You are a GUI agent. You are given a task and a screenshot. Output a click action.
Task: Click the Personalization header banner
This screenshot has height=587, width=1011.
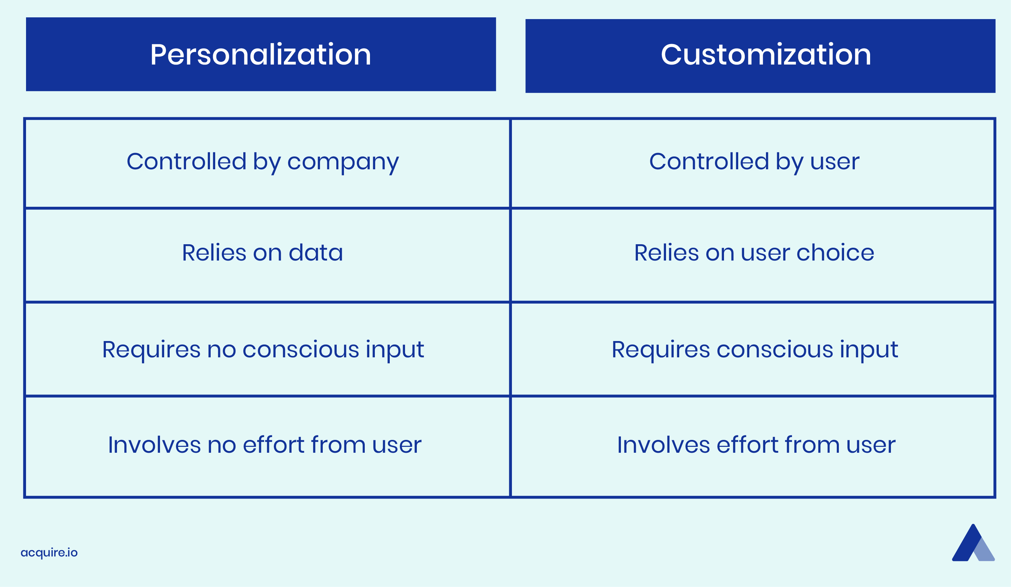[261, 54]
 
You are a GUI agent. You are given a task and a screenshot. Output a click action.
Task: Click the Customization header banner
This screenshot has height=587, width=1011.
[760, 56]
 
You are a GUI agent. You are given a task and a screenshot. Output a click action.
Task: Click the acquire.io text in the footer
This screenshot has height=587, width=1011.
[49, 553]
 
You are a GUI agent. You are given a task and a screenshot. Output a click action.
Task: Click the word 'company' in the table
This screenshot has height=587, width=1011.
[343, 163]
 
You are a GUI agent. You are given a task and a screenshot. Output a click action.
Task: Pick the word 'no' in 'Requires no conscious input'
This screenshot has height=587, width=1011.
[221, 350]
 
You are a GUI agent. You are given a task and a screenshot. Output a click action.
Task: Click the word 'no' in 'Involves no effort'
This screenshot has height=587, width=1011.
[221, 445]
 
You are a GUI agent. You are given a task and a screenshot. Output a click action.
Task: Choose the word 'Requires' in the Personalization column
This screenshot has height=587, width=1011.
[151, 350]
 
